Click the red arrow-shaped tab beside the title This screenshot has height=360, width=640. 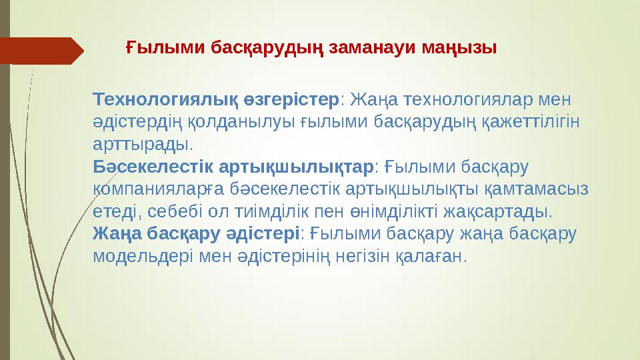pos(40,50)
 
